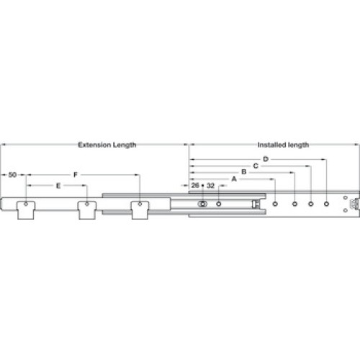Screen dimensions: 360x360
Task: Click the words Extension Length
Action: point(107,145)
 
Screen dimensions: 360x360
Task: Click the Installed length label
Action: point(283,145)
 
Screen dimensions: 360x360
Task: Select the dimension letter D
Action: point(266,159)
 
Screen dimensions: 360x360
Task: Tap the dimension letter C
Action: point(256,166)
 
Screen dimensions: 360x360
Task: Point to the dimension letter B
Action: point(244,172)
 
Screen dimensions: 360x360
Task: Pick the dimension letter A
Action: point(234,179)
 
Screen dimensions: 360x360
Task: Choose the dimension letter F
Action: point(76,175)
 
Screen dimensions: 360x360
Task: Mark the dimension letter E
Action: point(58,186)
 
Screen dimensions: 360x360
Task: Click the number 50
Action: point(12,175)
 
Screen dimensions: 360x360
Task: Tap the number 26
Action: point(195,185)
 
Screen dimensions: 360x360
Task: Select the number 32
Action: point(210,185)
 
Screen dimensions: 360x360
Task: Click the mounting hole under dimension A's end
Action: point(275,204)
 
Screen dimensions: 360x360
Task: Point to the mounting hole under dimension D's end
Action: point(326,204)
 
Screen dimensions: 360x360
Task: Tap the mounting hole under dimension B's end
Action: point(295,204)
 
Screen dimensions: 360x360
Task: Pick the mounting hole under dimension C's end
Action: point(311,204)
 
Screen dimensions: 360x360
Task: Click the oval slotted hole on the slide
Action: point(202,204)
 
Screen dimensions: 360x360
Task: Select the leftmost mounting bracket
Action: point(26,210)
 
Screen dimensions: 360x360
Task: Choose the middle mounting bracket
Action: point(87,210)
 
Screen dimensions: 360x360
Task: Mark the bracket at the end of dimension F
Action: point(140,210)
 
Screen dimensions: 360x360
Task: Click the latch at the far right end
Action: point(355,204)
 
